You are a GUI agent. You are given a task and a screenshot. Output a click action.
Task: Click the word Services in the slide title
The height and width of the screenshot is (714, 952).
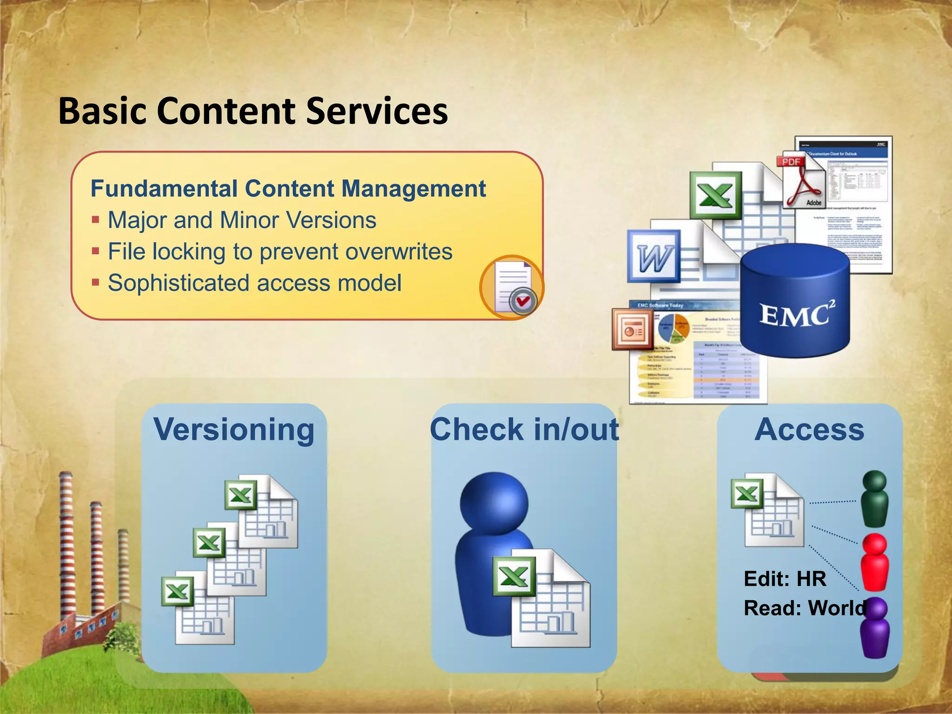tap(377, 112)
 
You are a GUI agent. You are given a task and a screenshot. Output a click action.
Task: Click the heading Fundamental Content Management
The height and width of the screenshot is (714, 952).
tap(288, 189)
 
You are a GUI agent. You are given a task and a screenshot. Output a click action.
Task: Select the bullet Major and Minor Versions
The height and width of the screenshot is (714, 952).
tap(242, 220)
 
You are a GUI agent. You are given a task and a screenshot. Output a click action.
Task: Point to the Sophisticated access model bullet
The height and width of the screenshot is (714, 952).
tap(254, 283)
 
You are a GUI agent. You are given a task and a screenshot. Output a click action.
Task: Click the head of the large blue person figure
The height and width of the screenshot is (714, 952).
tap(494, 505)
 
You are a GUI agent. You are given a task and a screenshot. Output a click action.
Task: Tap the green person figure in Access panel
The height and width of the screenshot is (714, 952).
tap(874, 499)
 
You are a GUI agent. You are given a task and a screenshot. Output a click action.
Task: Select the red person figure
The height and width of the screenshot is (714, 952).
tap(874, 562)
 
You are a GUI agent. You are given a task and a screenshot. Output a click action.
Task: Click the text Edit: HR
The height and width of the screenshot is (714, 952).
tap(785, 579)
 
